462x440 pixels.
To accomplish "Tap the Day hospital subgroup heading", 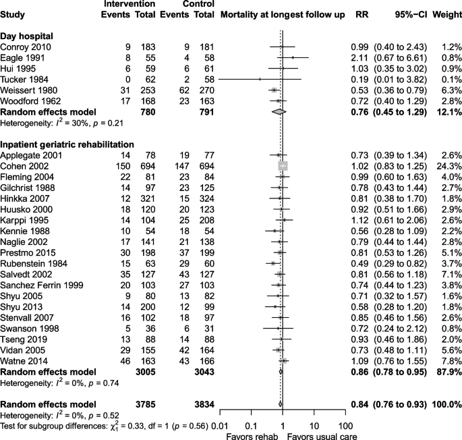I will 28,34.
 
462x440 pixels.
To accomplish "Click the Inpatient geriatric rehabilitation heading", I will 67,144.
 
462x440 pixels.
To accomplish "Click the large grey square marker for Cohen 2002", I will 283,164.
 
